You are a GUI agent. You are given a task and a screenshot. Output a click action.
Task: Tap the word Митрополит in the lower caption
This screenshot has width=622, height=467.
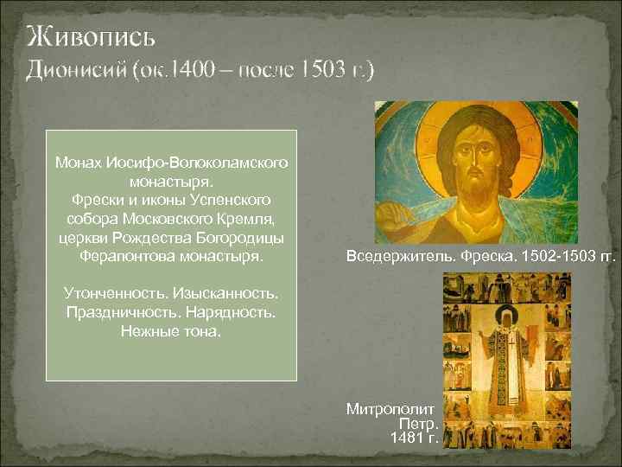tap(394, 407)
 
